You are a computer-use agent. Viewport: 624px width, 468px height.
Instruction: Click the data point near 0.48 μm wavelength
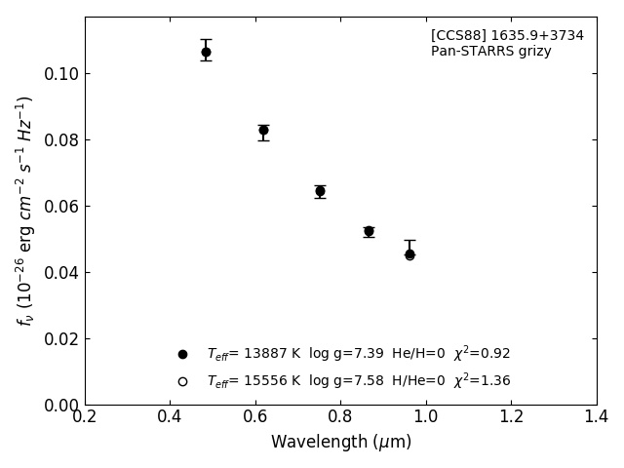click(x=206, y=52)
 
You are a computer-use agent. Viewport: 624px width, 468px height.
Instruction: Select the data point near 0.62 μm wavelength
click(x=263, y=130)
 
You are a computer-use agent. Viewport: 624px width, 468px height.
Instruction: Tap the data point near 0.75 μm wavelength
click(x=320, y=191)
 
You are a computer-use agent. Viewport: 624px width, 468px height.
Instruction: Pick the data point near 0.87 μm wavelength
click(x=369, y=231)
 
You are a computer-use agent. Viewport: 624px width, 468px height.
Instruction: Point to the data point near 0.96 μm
click(x=409, y=253)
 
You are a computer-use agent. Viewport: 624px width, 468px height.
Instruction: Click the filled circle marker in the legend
click(x=182, y=354)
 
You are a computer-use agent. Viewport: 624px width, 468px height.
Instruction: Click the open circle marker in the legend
click(x=182, y=381)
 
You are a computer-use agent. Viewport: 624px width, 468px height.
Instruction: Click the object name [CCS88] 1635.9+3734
click(x=507, y=36)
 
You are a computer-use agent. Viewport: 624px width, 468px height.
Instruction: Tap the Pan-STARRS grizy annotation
click(x=490, y=52)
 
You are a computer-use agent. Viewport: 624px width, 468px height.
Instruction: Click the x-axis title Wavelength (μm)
click(x=341, y=443)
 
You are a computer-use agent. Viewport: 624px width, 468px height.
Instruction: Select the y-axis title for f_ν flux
click(x=25, y=211)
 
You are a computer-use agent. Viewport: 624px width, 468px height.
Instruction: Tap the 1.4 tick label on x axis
click(x=597, y=416)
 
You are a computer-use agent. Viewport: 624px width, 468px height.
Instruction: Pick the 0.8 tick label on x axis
click(x=341, y=416)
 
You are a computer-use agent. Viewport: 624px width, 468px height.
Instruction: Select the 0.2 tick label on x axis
click(x=85, y=416)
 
